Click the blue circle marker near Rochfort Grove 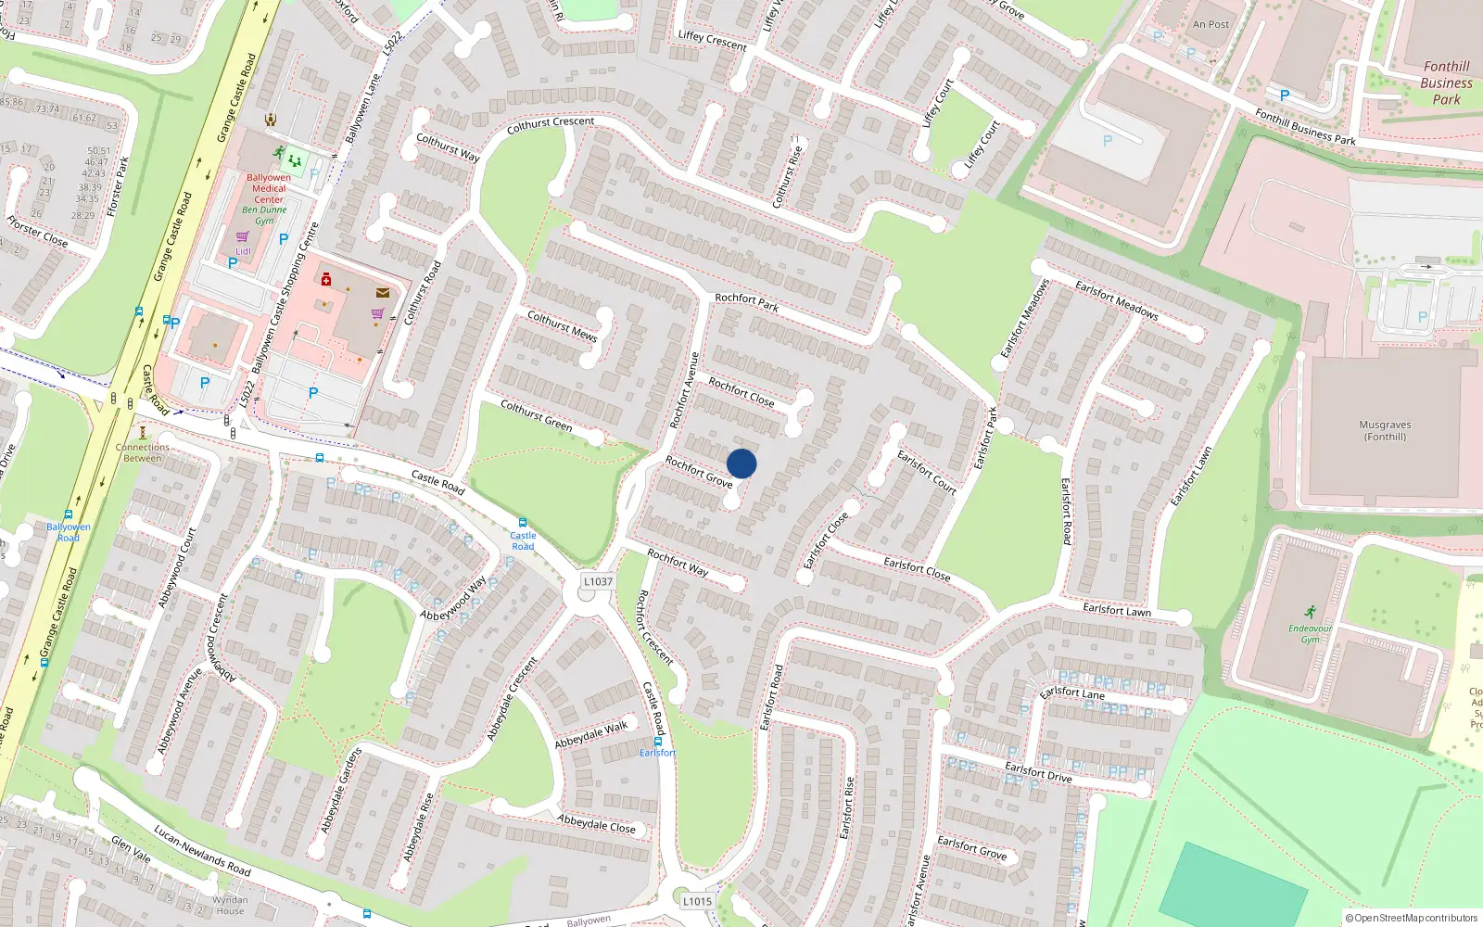[x=741, y=463]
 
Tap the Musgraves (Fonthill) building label [x=1385, y=431]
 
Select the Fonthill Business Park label [x=1446, y=83]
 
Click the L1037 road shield [x=598, y=581]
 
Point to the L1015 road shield [x=697, y=901]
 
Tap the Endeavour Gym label [x=1310, y=634]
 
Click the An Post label [x=1210, y=25]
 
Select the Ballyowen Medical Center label [x=269, y=188]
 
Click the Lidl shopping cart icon [x=242, y=237]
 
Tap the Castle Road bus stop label [x=523, y=540]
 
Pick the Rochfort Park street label [x=746, y=301]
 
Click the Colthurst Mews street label [x=562, y=325]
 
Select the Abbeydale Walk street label [x=591, y=735]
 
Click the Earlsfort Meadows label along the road [x=1116, y=299]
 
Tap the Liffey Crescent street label [x=712, y=39]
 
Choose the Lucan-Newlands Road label [x=202, y=850]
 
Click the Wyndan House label [x=230, y=905]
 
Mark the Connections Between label [x=143, y=452]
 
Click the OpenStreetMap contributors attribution [x=1412, y=918]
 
